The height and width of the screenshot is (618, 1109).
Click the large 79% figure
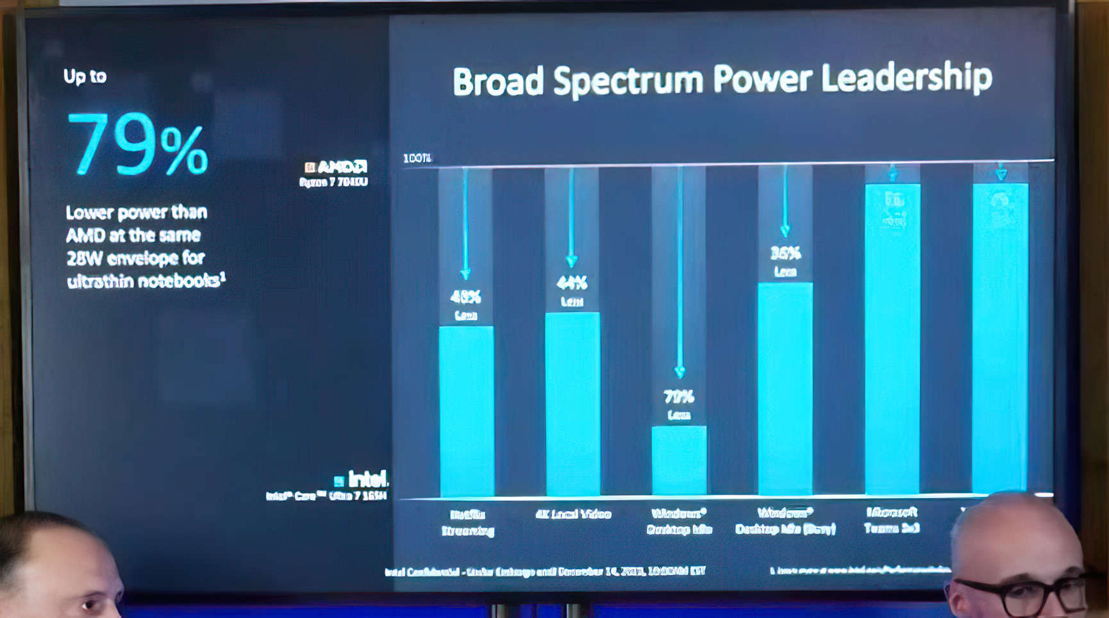pos(137,144)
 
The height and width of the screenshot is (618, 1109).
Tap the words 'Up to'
pos(85,76)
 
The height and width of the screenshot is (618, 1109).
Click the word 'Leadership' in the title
pos(906,78)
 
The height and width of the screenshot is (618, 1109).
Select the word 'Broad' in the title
pos(497,82)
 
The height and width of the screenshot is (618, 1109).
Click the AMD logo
pos(336,167)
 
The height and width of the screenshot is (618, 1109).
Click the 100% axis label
pos(417,158)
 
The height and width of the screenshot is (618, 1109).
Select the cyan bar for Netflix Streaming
pos(467,410)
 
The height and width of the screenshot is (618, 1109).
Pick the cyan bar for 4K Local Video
pos(572,404)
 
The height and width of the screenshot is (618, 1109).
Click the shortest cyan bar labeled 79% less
pos(679,460)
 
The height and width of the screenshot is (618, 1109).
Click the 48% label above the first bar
pos(465,297)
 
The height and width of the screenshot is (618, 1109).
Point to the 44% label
pos(572,283)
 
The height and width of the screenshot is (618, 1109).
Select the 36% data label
pos(785,253)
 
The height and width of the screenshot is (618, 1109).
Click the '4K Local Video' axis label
pos(573,514)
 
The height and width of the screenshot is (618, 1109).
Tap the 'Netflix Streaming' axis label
pos(468,522)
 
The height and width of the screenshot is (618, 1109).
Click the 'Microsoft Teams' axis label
pos(892,520)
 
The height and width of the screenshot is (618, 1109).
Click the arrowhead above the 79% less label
pos(680,372)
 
